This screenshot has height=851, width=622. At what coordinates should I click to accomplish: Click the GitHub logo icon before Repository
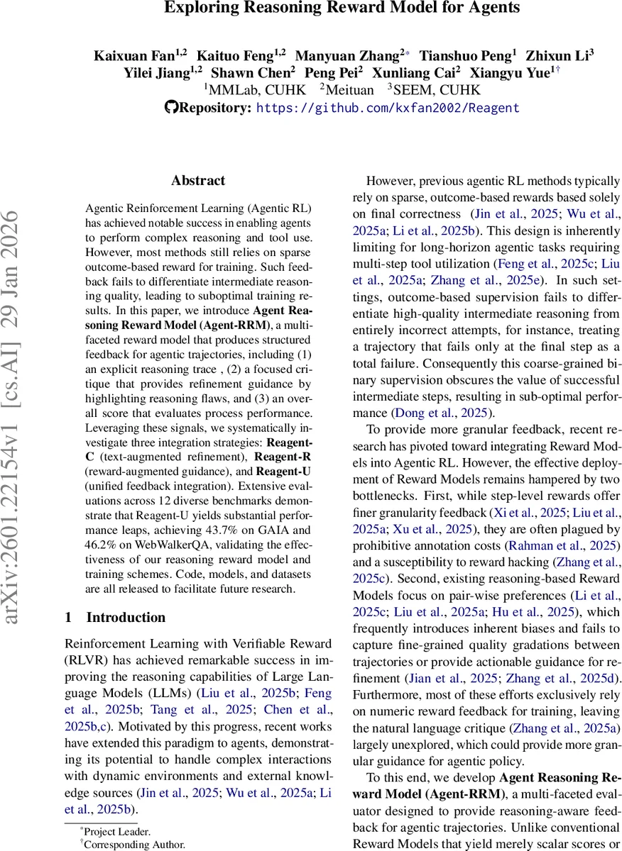(x=170, y=108)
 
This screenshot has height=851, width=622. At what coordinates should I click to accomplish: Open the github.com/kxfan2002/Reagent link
(x=387, y=108)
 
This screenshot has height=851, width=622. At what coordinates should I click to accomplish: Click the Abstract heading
(x=198, y=181)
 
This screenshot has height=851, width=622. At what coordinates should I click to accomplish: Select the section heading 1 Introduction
(x=115, y=617)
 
